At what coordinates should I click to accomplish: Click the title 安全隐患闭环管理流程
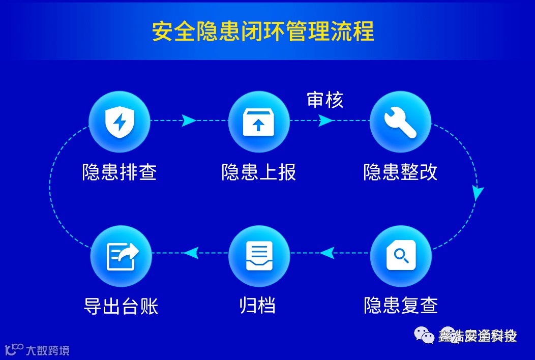coord(263,32)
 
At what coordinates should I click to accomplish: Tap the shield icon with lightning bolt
coord(119,122)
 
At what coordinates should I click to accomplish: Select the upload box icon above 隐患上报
coord(258,122)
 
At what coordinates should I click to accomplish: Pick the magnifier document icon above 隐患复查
coord(400,255)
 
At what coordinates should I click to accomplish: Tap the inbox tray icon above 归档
coord(259,255)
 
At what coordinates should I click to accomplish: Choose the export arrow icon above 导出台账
coord(121,255)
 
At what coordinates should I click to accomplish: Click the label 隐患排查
coord(119,172)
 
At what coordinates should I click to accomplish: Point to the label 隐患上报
coord(258,172)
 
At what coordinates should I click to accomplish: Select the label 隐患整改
coord(400,172)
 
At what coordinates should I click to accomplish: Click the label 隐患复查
coord(401,305)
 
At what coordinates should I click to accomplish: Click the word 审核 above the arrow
coord(325,100)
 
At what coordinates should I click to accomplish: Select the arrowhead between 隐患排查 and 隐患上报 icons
coord(189,121)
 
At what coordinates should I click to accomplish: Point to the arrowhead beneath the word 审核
coord(326,121)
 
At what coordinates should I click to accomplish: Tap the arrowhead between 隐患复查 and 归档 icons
coord(326,252)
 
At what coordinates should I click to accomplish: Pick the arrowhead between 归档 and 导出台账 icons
coord(190,252)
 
